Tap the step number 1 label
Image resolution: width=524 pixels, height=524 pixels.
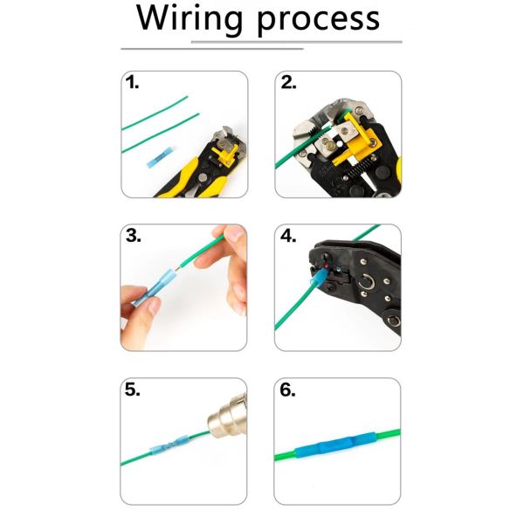(x=132, y=84)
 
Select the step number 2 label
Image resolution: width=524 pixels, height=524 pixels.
(x=288, y=84)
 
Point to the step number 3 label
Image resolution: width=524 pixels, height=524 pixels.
(x=133, y=236)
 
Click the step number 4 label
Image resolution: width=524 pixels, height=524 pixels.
(x=288, y=236)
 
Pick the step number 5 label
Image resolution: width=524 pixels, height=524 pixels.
(x=132, y=390)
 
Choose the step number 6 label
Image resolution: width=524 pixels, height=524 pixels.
(x=288, y=390)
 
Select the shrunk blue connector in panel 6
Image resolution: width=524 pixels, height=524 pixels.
(x=336, y=452)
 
